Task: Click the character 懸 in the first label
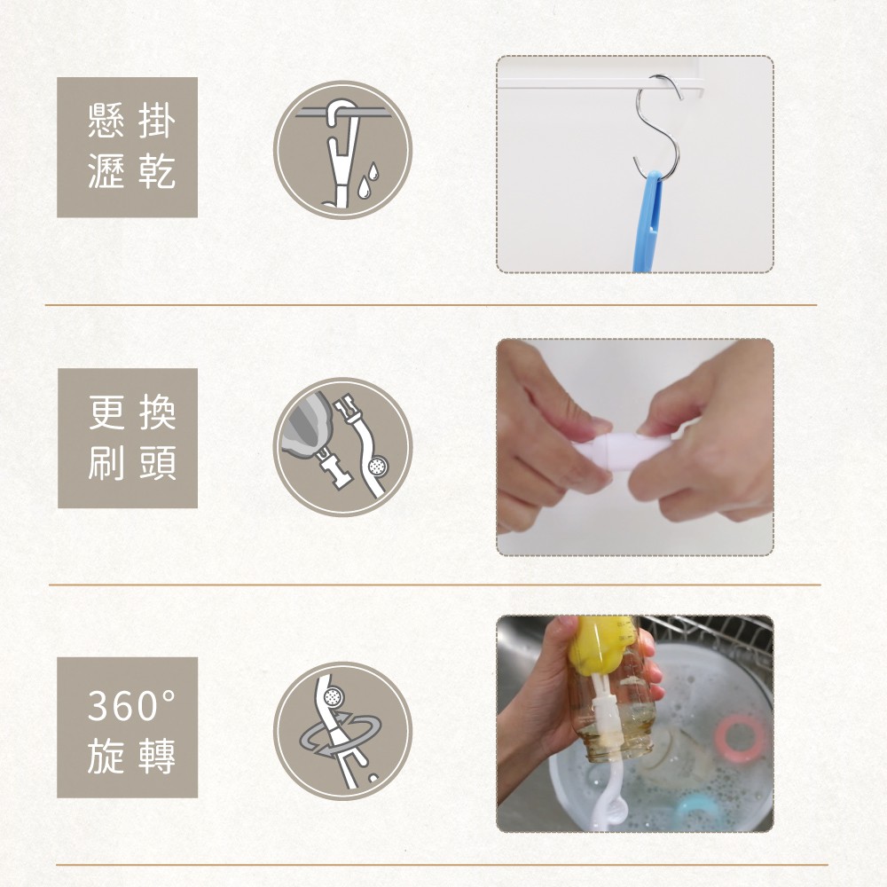click(x=106, y=121)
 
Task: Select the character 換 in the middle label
click(x=158, y=412)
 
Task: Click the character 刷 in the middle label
click(x=106, y=463)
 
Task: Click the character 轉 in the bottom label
click(x=158, y=756)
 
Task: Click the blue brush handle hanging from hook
click(x=648, y=222)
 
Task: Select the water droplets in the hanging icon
click(x=366, y=181)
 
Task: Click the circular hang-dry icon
click(x=342, y=150)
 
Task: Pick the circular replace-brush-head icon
click(x=342, y=446)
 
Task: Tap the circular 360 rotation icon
click(x=342, y=730)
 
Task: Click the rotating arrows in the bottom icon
click(x=341, y=735)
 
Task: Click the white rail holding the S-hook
click(x=600, y=84)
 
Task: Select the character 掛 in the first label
click(x=157, y=121)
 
